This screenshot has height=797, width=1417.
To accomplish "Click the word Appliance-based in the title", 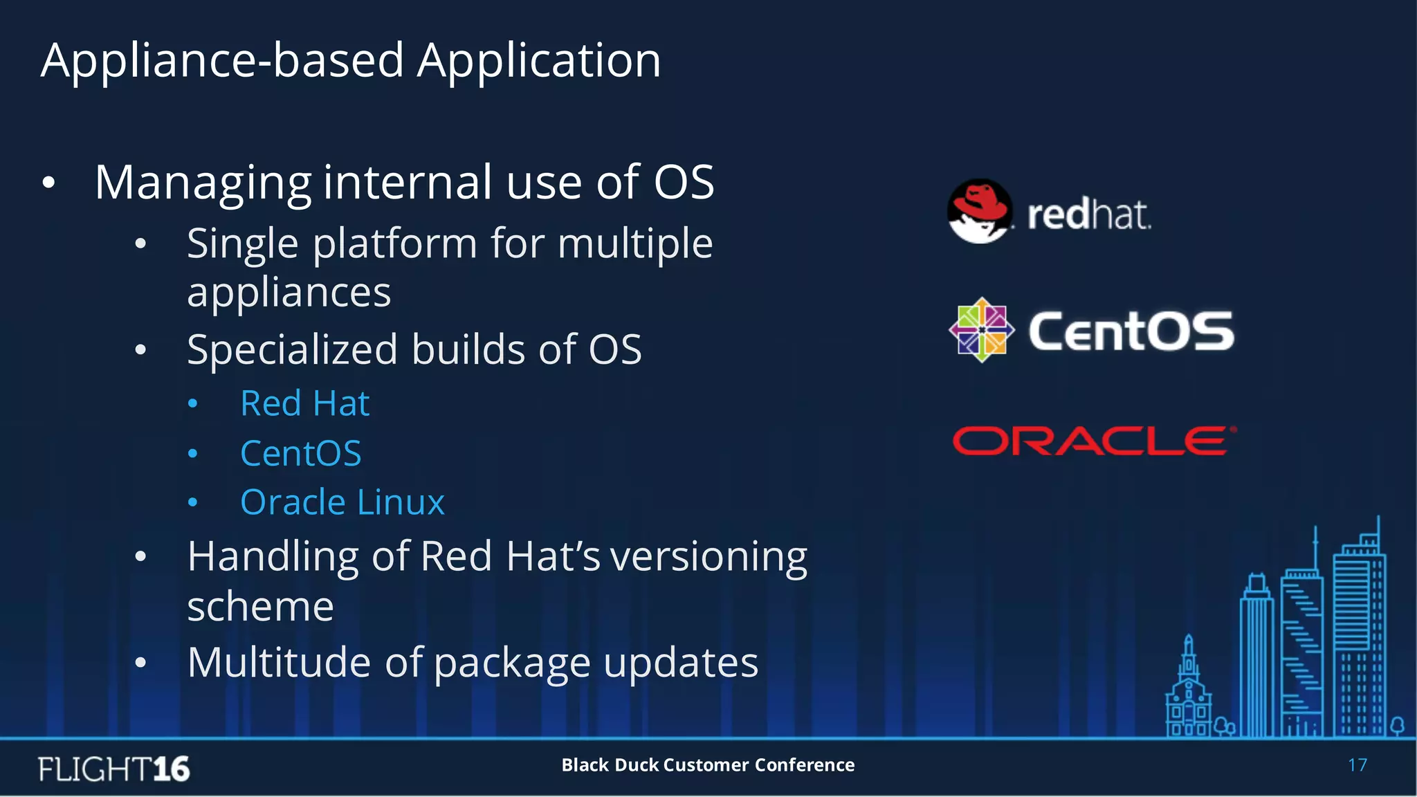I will tap(222, 61).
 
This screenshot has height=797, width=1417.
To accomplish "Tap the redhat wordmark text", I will tap(1089, 214).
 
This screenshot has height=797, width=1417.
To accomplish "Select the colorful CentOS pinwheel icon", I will tap(981, 330).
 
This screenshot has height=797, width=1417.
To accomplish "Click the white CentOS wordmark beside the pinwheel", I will tap(1131, 331).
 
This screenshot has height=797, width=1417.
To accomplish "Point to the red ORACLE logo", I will tap(1094, 441).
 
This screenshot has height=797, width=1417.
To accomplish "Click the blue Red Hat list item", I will tap(304, 403).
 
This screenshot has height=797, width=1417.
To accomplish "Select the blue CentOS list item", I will tap(300, 454).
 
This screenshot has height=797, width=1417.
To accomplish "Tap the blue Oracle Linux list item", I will tap(342, 502).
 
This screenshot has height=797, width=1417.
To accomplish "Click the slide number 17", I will tap(1357, 765).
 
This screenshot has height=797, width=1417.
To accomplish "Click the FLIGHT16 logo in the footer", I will tap(113, 769).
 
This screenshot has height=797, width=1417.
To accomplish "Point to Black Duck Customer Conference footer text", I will tap(708, 765).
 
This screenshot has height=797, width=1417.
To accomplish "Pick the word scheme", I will tap(260, 607).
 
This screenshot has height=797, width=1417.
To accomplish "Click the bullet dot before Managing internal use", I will tap(48, 183).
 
